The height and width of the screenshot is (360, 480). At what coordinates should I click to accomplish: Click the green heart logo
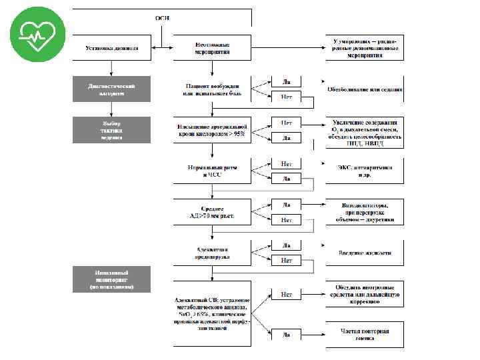coord(38,34)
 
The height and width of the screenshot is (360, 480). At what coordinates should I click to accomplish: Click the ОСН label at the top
coord(162,17)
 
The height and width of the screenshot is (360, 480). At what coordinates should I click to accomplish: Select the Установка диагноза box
coord(112,47)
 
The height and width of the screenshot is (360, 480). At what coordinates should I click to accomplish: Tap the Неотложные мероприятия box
coord(212,47)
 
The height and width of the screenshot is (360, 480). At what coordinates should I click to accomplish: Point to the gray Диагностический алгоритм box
coord(112,89)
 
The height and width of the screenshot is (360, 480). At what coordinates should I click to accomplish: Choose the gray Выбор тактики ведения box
coord(112,130)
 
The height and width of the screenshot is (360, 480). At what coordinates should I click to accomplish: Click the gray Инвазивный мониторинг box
coord(112,279)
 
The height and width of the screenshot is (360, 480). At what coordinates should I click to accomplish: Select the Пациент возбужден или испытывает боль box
coord(212,89)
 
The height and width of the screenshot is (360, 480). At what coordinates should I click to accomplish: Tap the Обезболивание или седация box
coord(364,89)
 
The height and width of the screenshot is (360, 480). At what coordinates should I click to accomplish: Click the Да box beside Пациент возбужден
coord(286,81)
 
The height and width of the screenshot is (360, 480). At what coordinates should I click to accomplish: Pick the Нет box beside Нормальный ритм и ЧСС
coord(286,164)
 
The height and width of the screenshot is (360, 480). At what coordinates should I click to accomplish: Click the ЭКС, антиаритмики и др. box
coord(364,171)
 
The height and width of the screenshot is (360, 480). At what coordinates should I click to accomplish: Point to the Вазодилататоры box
coord(364,212)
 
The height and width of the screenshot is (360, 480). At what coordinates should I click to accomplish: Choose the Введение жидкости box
coord(364,253)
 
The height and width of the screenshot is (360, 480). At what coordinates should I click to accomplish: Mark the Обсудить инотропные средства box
coord(364,297)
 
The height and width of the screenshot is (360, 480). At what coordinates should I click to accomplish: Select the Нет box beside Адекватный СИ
coord(286,294)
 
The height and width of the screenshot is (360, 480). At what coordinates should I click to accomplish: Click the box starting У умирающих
coord(364,47)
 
